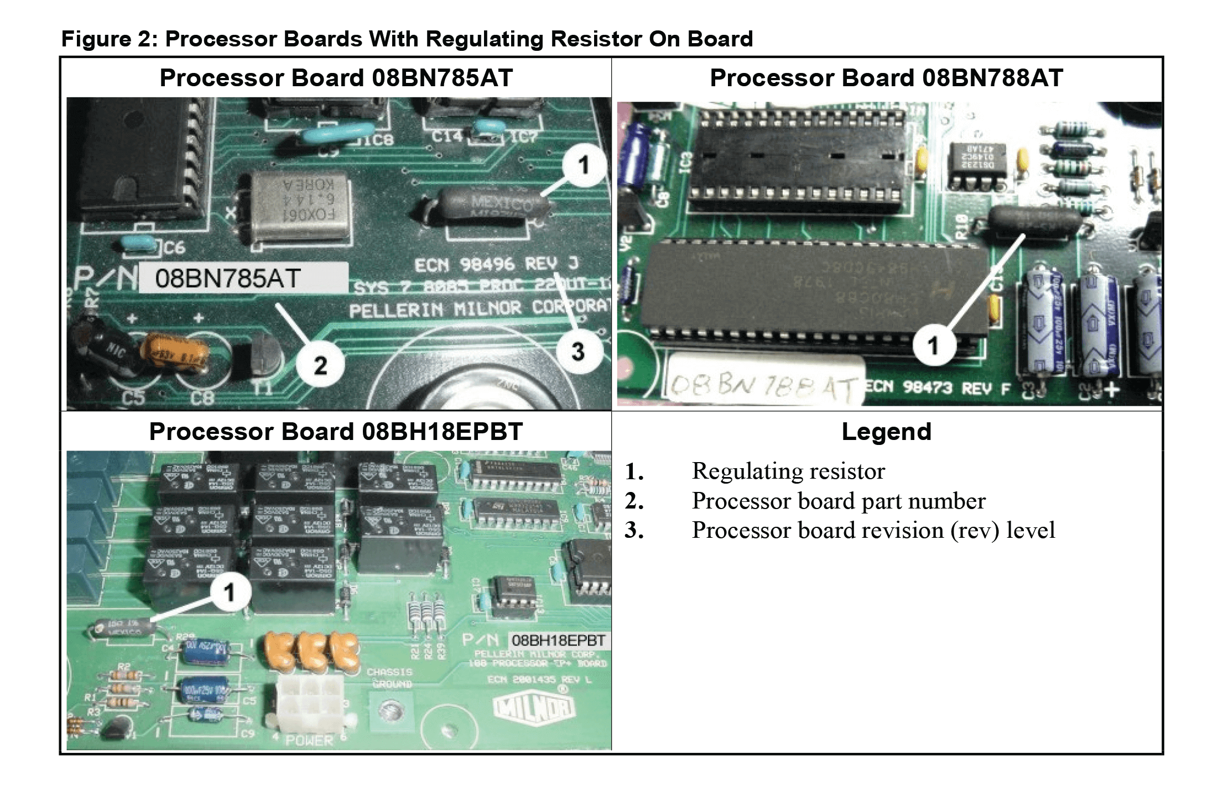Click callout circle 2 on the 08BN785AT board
320,365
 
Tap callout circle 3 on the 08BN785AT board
578,352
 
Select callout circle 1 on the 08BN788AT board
933,345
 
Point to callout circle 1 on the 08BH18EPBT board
230,593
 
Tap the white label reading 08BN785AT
243,278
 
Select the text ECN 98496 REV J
496,264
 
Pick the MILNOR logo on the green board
534,708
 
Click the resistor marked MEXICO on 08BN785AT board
484,204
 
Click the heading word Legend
886,432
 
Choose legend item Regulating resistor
788,471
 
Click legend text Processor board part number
838,501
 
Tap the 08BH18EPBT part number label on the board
558,641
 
